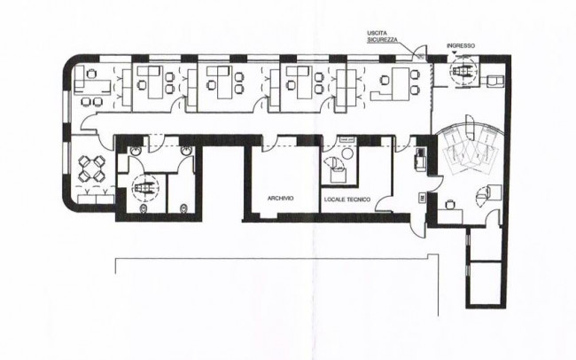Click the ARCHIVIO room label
[280, 199]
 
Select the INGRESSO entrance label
[461, 45]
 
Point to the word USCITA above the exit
[375, 33]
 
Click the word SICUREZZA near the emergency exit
[383, 39]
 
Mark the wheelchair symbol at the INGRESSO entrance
[463, 70]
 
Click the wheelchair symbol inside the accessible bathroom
[145, 188]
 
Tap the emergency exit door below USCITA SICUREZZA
[421, 52]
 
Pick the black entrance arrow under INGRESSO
[455, 53]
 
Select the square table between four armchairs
[92, 168]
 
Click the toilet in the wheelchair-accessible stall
[143, 208]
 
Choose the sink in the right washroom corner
[185, 151]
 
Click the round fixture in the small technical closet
[347, 153]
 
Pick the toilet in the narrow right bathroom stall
[183, 208]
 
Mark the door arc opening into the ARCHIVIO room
[269, 144]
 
